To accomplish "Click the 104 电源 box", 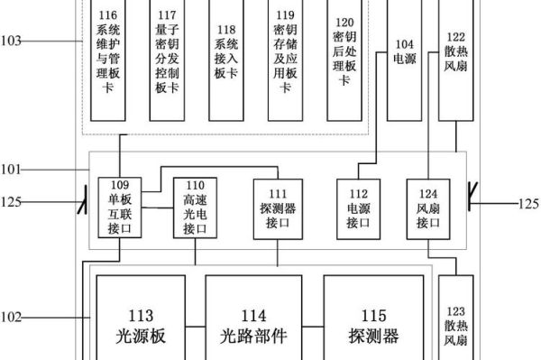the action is (404, 59).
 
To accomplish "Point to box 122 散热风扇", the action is (455, 59).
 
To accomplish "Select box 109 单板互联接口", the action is (120, 208).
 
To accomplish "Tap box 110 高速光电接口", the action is (195, 208).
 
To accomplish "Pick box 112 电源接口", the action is (358, 208).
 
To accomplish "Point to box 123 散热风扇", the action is (455, 325).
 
